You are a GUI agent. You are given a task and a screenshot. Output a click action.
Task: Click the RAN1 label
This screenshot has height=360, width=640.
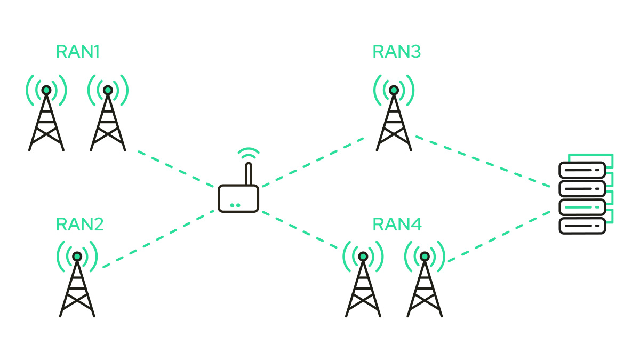coord(77,52)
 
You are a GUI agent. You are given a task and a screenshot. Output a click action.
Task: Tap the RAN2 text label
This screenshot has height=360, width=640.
coord(79,225)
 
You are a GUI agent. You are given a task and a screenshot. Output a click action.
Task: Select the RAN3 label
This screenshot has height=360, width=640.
coord(397,52)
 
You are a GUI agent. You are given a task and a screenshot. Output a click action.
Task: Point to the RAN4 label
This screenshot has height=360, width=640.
coord(397,225)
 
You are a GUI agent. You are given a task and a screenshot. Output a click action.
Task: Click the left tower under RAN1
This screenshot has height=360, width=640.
coord(46,120)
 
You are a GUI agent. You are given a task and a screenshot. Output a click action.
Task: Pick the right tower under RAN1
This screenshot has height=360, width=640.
coord(108,120)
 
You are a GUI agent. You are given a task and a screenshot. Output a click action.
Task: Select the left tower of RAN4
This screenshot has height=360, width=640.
coord(363,286)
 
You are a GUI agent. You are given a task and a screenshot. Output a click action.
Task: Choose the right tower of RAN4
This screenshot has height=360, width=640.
coord(425,286)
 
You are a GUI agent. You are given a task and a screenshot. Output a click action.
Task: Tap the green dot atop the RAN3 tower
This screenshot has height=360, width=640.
coord(394,90)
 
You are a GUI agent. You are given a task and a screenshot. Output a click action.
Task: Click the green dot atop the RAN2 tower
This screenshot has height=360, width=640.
coord(77,257)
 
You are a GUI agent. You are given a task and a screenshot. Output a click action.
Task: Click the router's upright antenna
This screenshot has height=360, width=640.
coord(249,174)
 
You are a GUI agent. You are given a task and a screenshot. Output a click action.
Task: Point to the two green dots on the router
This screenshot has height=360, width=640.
coord(235,205)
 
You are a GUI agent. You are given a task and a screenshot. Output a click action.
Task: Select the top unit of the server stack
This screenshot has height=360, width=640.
coord(582,170)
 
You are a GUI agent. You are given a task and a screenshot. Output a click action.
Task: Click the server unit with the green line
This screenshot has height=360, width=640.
coord(582,207)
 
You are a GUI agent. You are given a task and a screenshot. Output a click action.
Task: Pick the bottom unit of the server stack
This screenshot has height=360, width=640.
coord(582,226)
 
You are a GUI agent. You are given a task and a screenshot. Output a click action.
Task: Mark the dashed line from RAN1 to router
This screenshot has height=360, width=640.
coord(175,169)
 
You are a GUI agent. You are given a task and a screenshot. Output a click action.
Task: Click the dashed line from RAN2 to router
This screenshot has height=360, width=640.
coord(158,239)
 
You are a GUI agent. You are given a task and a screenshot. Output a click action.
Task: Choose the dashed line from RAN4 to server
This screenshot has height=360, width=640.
coord(499,236)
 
